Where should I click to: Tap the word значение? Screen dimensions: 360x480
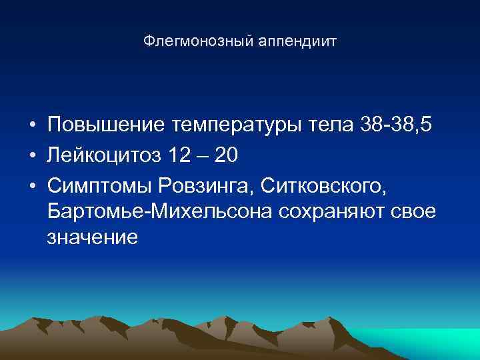coord(93,238)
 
